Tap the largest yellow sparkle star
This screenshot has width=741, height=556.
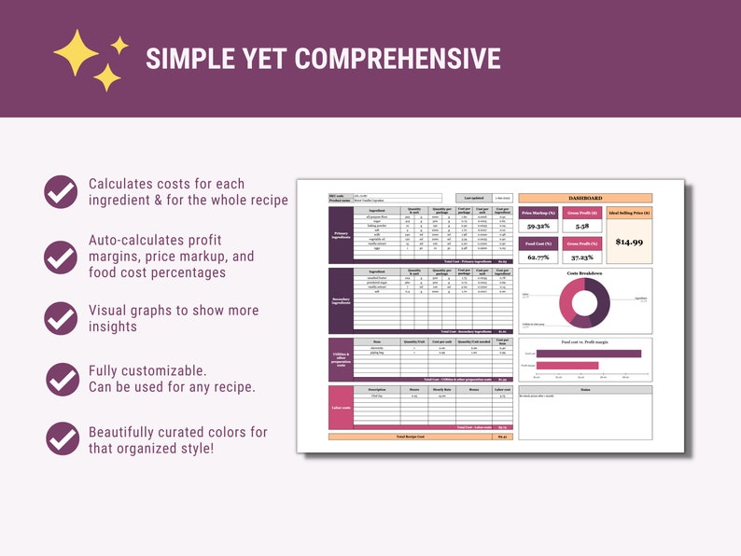[76, 51]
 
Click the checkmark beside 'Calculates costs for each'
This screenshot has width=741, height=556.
[62, 191]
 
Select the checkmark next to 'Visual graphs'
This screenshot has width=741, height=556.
[62, 318]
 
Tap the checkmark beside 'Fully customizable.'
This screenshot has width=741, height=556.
[62, 379]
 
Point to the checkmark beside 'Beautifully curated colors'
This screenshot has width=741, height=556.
[62, 438]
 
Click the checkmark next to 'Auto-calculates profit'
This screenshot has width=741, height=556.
[62, 256]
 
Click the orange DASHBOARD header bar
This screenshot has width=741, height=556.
[585, 198]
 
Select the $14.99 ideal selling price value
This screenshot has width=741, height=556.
[629, 242]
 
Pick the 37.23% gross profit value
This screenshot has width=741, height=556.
[581, 257]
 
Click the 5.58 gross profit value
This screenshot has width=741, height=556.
[581, 226]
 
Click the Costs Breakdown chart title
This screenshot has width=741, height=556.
[585, 273]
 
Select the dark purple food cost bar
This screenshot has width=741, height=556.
[589, 354]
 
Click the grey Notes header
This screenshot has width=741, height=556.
[585, 390]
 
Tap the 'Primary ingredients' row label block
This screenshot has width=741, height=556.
[341, 236]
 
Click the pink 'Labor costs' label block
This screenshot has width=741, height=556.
[341, 407]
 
